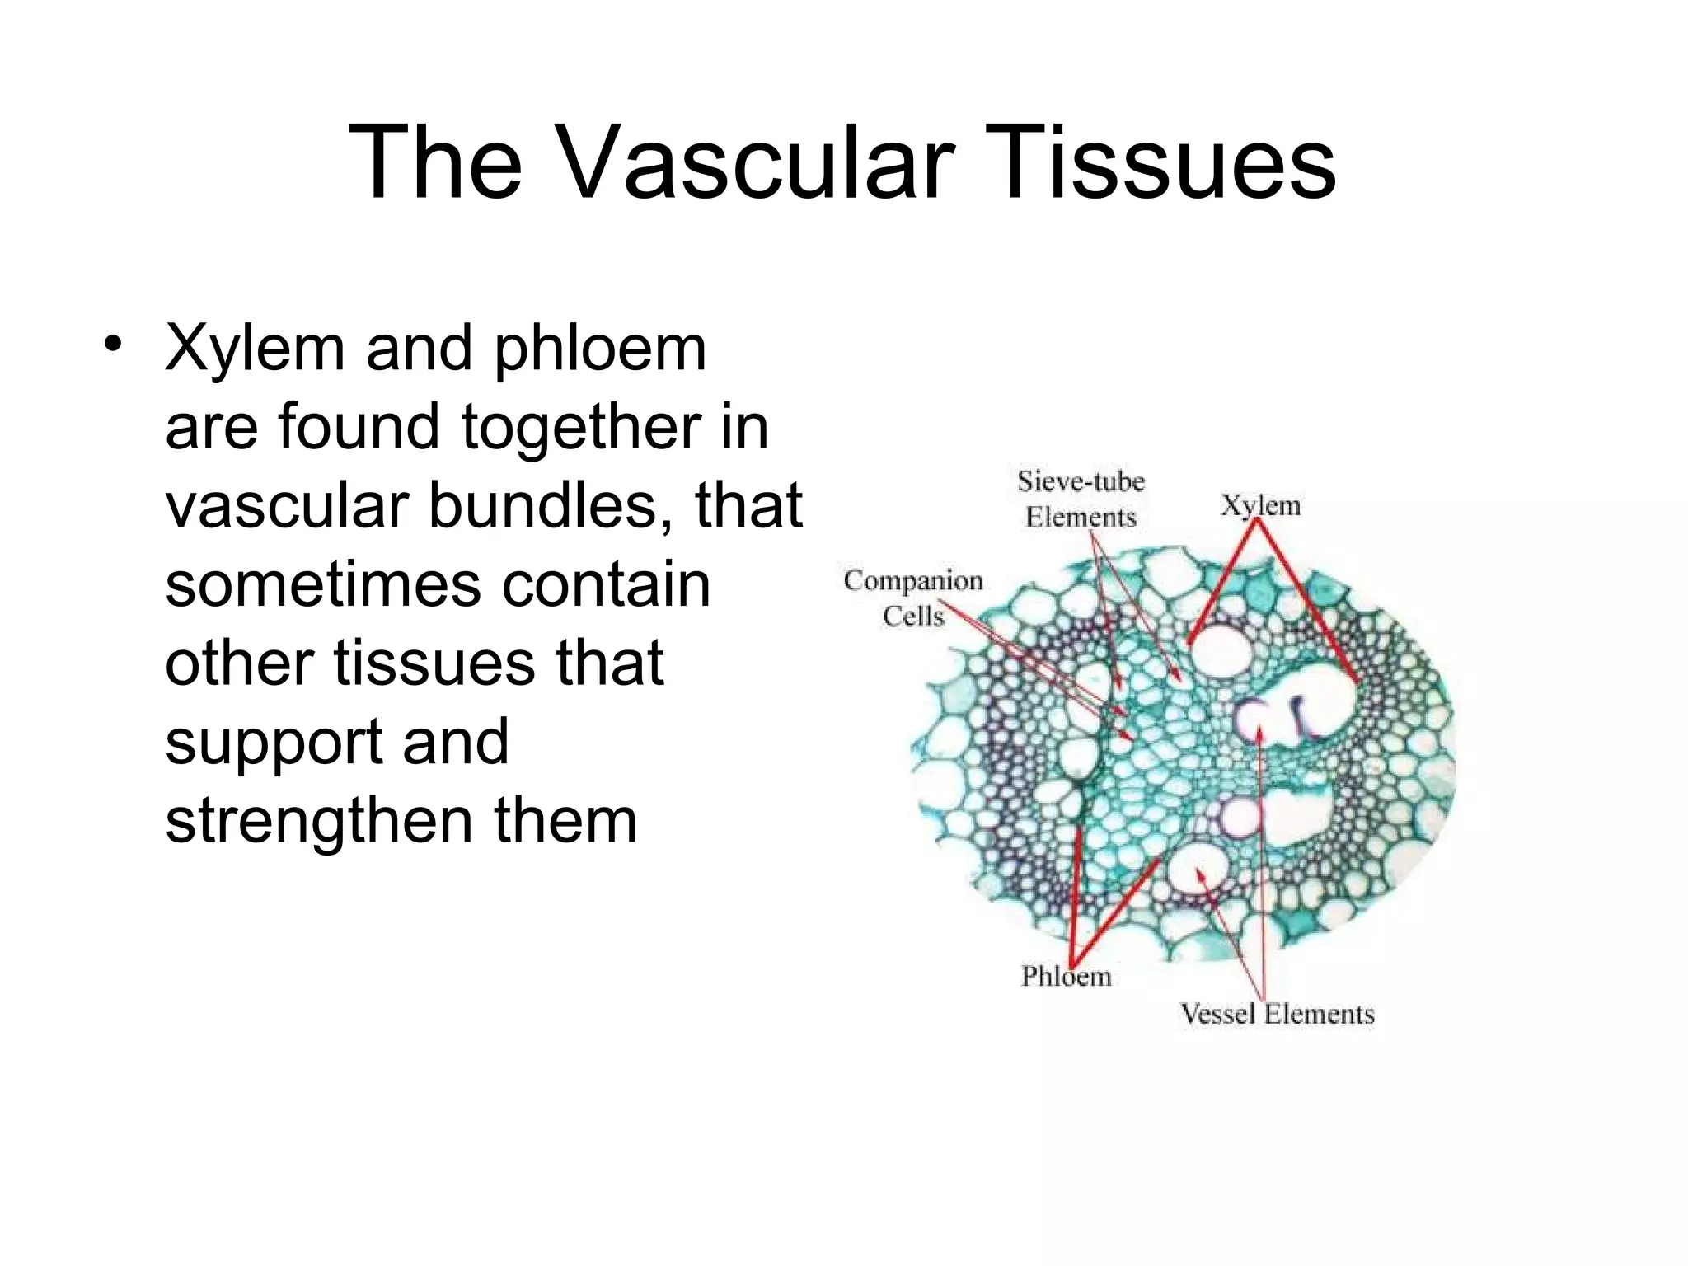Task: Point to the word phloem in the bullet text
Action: [x=600, y=349]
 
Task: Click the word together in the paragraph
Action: [x=580, y=428]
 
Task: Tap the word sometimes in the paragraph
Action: [x=322, y=584]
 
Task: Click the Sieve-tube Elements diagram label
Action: [x=1081, y=499]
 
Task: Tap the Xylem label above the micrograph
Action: [x=1260, y=505]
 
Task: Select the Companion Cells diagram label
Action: [x=913, y=598]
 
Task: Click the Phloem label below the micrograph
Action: [x=1066, y=977]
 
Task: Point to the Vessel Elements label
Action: [x=1277, y=1014]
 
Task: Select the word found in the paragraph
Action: [x=359, y=428]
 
